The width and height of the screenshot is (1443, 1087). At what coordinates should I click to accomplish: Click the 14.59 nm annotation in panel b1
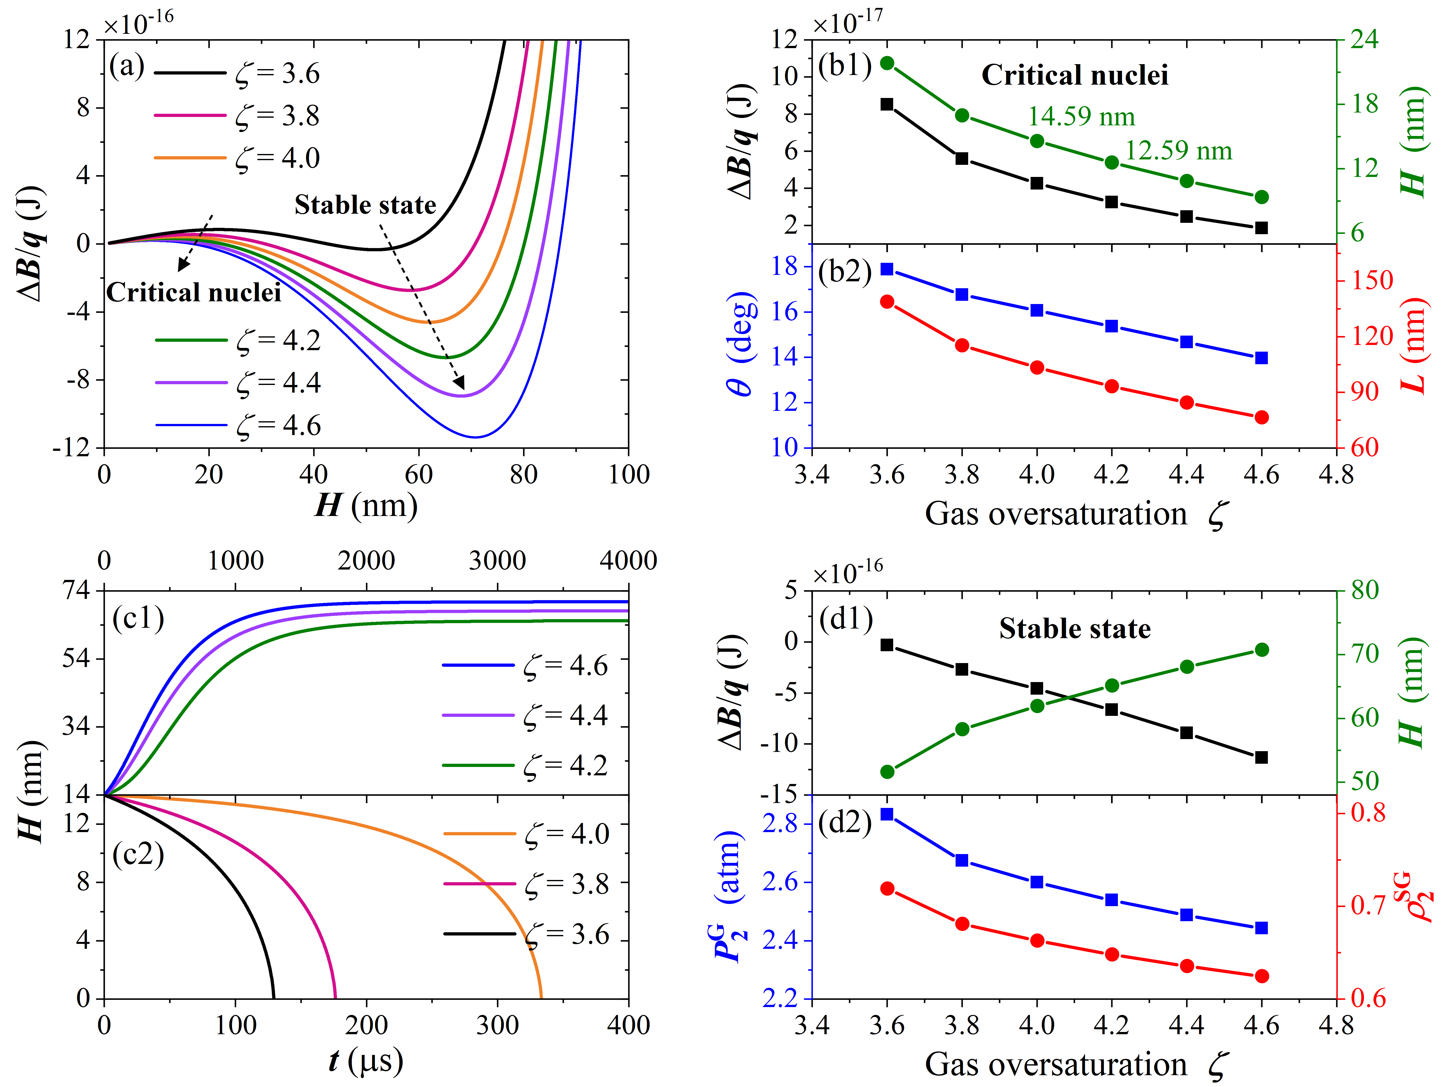[x=1081, y=117]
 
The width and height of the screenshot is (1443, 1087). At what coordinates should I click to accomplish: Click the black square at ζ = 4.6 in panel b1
[x=1261, y=228]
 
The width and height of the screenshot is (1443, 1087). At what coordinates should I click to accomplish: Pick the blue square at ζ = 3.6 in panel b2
[x=887, y=269]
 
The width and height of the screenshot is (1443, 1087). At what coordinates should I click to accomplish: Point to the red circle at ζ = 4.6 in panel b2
[x=1261, y=418]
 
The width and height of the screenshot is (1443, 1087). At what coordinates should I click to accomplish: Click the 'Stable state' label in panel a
[x=365, y=205]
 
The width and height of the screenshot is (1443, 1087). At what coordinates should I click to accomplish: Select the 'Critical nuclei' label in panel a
[x=194, y=292]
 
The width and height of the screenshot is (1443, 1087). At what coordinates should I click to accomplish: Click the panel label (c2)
[x=138, y=855]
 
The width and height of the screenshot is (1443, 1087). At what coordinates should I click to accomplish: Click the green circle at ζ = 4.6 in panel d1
[x=1261, y=650]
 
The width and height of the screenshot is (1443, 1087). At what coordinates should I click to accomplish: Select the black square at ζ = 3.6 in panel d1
[x=887, y=645]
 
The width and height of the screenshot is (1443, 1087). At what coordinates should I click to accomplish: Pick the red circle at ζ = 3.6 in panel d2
[x=887, y=889]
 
